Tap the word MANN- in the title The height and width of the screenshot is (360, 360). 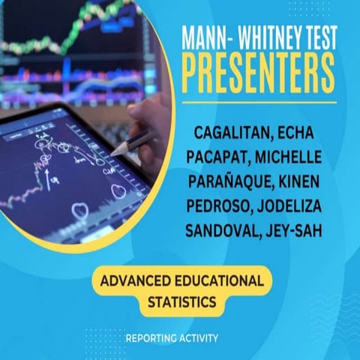point(208,34)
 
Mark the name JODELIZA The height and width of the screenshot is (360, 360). point(298,205)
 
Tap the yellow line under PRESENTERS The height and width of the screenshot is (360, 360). point(258,101)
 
